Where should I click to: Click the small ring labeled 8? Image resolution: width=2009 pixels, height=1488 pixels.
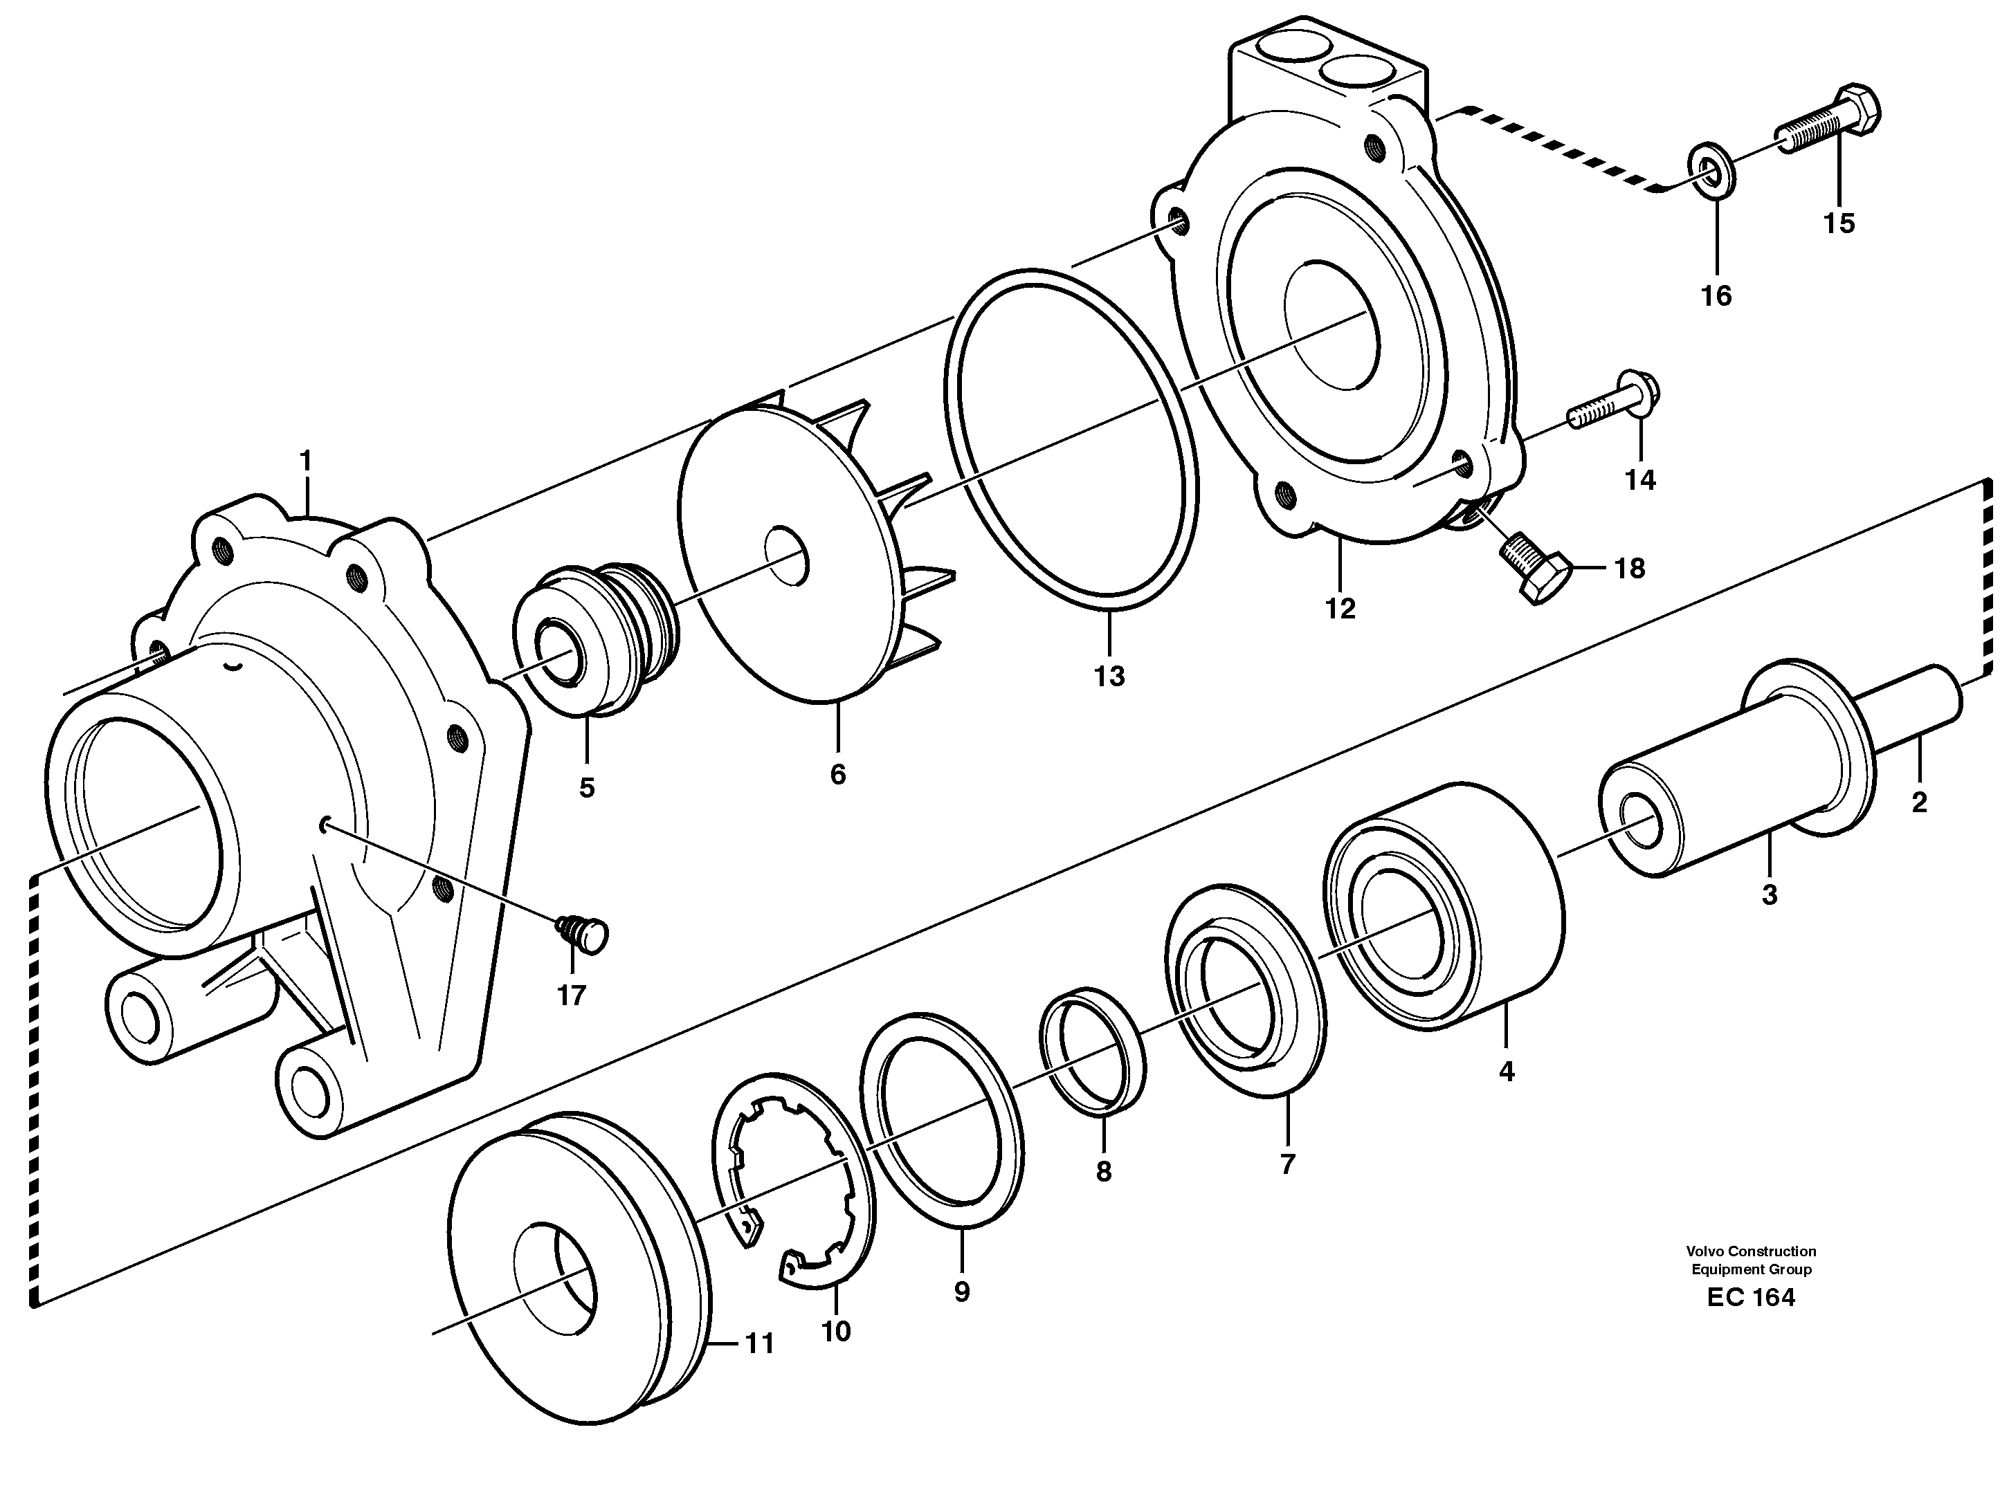(x=1092, y=1049)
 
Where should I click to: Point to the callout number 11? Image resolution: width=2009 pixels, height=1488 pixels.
(x=758, y=1345)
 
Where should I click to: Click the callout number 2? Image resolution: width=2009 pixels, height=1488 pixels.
(x=1918, y=802)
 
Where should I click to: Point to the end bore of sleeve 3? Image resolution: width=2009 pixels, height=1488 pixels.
(x=1639, y=820)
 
